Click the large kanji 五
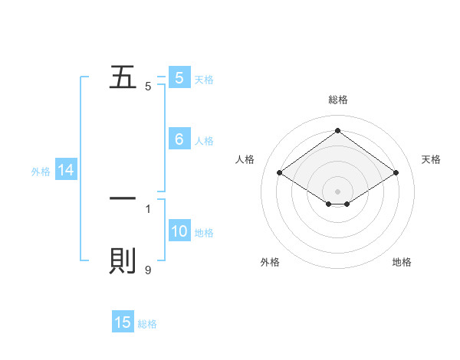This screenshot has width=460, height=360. pos(123,77)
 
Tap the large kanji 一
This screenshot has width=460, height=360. pos(123,198)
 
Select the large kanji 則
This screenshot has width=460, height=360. pos(123,261)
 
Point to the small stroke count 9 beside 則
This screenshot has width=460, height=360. pos(148,270)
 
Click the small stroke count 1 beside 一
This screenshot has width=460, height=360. pos(148,208)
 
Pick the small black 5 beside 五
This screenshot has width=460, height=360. pos(148,87)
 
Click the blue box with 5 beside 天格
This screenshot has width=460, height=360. pos(179,77)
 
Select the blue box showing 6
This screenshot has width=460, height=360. pos(179,139)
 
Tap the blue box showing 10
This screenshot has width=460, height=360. pos(179,231)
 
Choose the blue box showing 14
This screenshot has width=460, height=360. pos(66,171)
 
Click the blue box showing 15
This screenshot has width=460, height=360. pos(123,322)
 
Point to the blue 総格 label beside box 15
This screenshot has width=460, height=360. pos(147,324)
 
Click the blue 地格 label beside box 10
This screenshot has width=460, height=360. pos(204,233)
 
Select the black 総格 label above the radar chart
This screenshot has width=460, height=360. pos(338,100)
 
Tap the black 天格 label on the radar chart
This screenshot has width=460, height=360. pos(431,159)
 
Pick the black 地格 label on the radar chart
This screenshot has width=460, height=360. pos(402,262)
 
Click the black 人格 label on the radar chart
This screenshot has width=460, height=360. pos(245,159)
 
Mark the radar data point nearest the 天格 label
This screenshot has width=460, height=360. pos(396,173)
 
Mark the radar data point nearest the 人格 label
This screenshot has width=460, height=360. pos(280,173)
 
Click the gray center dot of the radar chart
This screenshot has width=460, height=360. pos(338,191)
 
